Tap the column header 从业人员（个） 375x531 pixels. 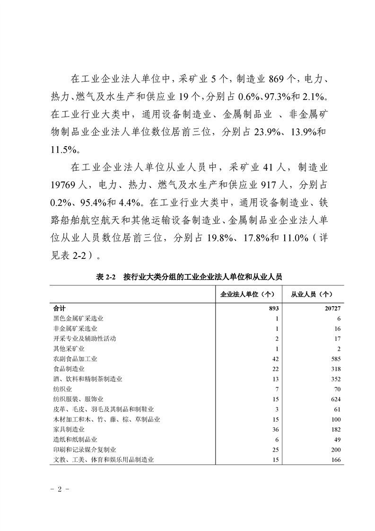pyautogui.click(x=313, y=294)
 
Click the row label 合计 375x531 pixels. pyautogui.click(x=60, y=308)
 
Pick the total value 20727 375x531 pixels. pyautogui.click(x=332, y=308)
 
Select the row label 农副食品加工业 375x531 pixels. pyautogui.click(x=75, y=359)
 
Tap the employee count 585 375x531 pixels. pyautogui.click(x=335, y=359)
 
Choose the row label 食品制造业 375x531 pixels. pyautogui.click(x=69, y=369)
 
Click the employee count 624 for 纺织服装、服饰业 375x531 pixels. pyautogui.click(x=335, y=399)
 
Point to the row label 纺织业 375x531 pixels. pyautogui.click(x=63, y=389)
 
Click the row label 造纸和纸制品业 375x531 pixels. pyautogui.click(x=75, y=439)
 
